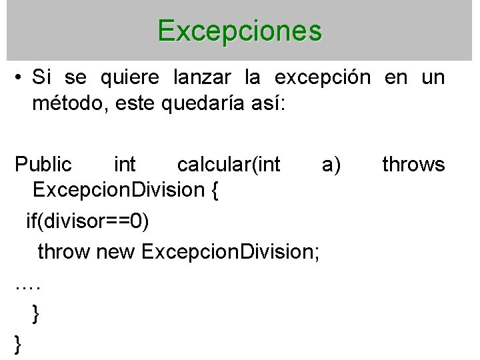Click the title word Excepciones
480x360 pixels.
pos(240,31)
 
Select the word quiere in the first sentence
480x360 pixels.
pos(130,79)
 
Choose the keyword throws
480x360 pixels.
pos(413,164)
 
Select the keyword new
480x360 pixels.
pos(117,251)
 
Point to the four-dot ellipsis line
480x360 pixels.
pos(27,286)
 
